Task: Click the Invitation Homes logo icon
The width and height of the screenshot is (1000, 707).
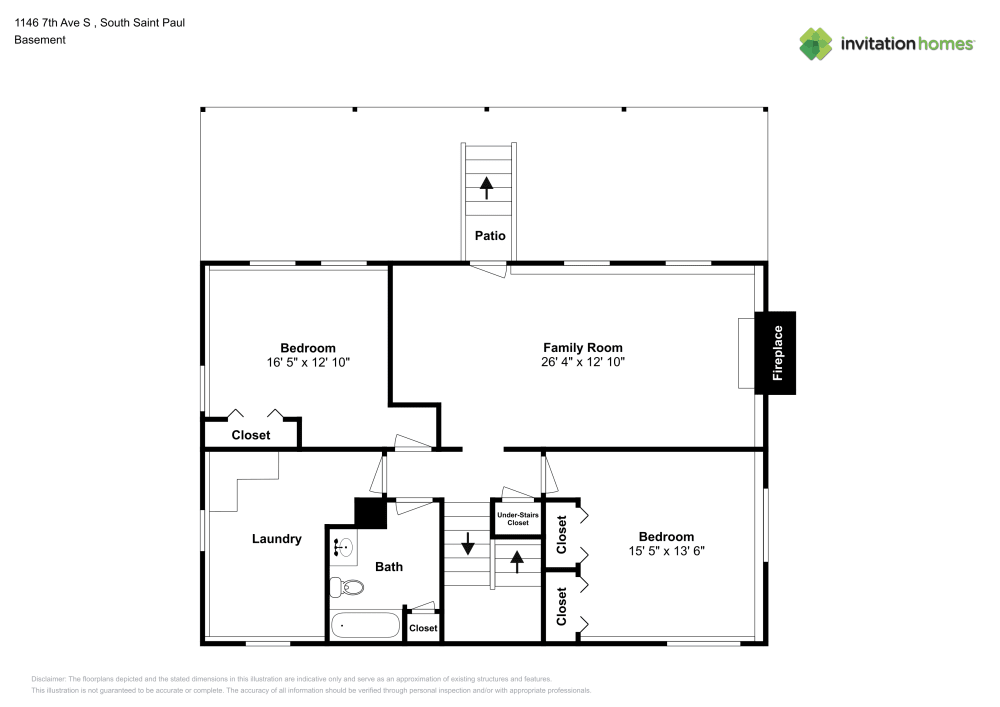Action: [x=815, y=43]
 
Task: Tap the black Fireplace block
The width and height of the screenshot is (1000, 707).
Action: [x=775, y=352]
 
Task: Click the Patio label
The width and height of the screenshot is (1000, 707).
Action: [x=490, y=236]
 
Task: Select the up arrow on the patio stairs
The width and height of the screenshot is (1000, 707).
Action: [x=487, y=187]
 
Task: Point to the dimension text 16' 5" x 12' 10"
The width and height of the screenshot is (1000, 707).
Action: [x=307, y=362]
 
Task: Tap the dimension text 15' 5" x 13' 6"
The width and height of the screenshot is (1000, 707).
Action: [x=667, y=551]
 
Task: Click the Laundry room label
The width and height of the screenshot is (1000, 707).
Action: [x=276, y=539]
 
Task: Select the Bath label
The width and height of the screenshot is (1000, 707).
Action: [x=389, y=567]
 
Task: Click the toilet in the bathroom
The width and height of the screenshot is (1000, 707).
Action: [x=347, y=587]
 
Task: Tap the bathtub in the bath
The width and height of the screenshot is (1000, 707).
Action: [x=365, y=625]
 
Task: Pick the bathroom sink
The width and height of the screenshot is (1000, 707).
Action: [x=342, y=547]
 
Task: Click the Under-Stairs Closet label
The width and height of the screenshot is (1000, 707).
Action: [x=517, y=519]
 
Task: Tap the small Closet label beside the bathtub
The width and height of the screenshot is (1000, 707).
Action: [x=423, y=628]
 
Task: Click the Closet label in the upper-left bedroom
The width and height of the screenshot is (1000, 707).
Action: [x=251, y=435]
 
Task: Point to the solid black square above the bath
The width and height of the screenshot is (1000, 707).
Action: [x=371, y=513]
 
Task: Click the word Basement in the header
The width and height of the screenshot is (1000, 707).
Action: [x=40, y=40]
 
